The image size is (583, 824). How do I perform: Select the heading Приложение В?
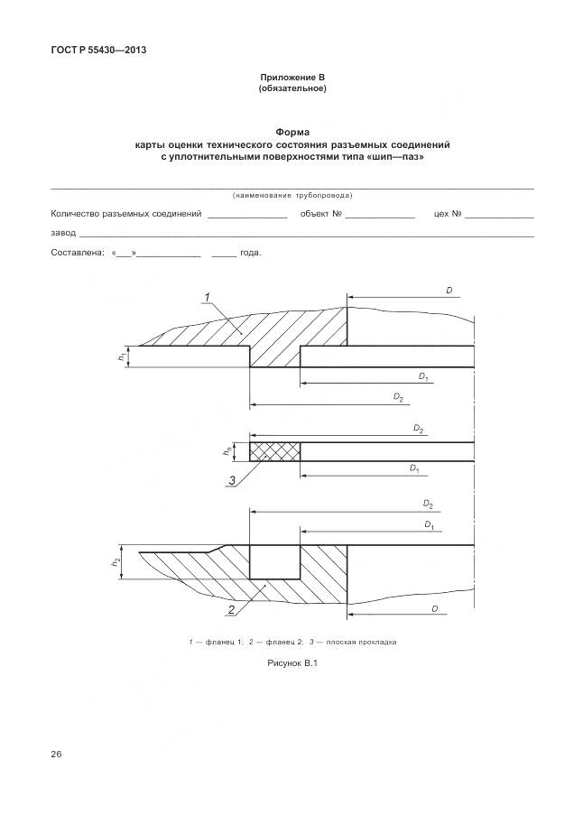click(x=291, y=78)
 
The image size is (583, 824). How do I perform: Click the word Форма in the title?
click(x=291, y=132)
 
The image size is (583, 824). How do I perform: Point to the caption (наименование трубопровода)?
click(x=291, y=196)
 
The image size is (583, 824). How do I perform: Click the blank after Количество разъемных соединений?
click(x=246, y=216)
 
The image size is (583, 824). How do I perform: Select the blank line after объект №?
click(x=379, y=216)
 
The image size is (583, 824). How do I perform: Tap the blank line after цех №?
click(x=499, y=216)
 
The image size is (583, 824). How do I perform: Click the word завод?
click(x=64, y=233)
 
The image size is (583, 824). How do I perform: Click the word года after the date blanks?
click(x=250, y=253)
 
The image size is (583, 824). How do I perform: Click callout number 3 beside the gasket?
click(x=232, y=480)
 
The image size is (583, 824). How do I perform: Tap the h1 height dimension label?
click(x=121, y=357)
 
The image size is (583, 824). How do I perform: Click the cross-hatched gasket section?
click(x=275, y=450)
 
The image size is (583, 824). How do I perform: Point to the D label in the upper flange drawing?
click(x=449, y=291)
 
